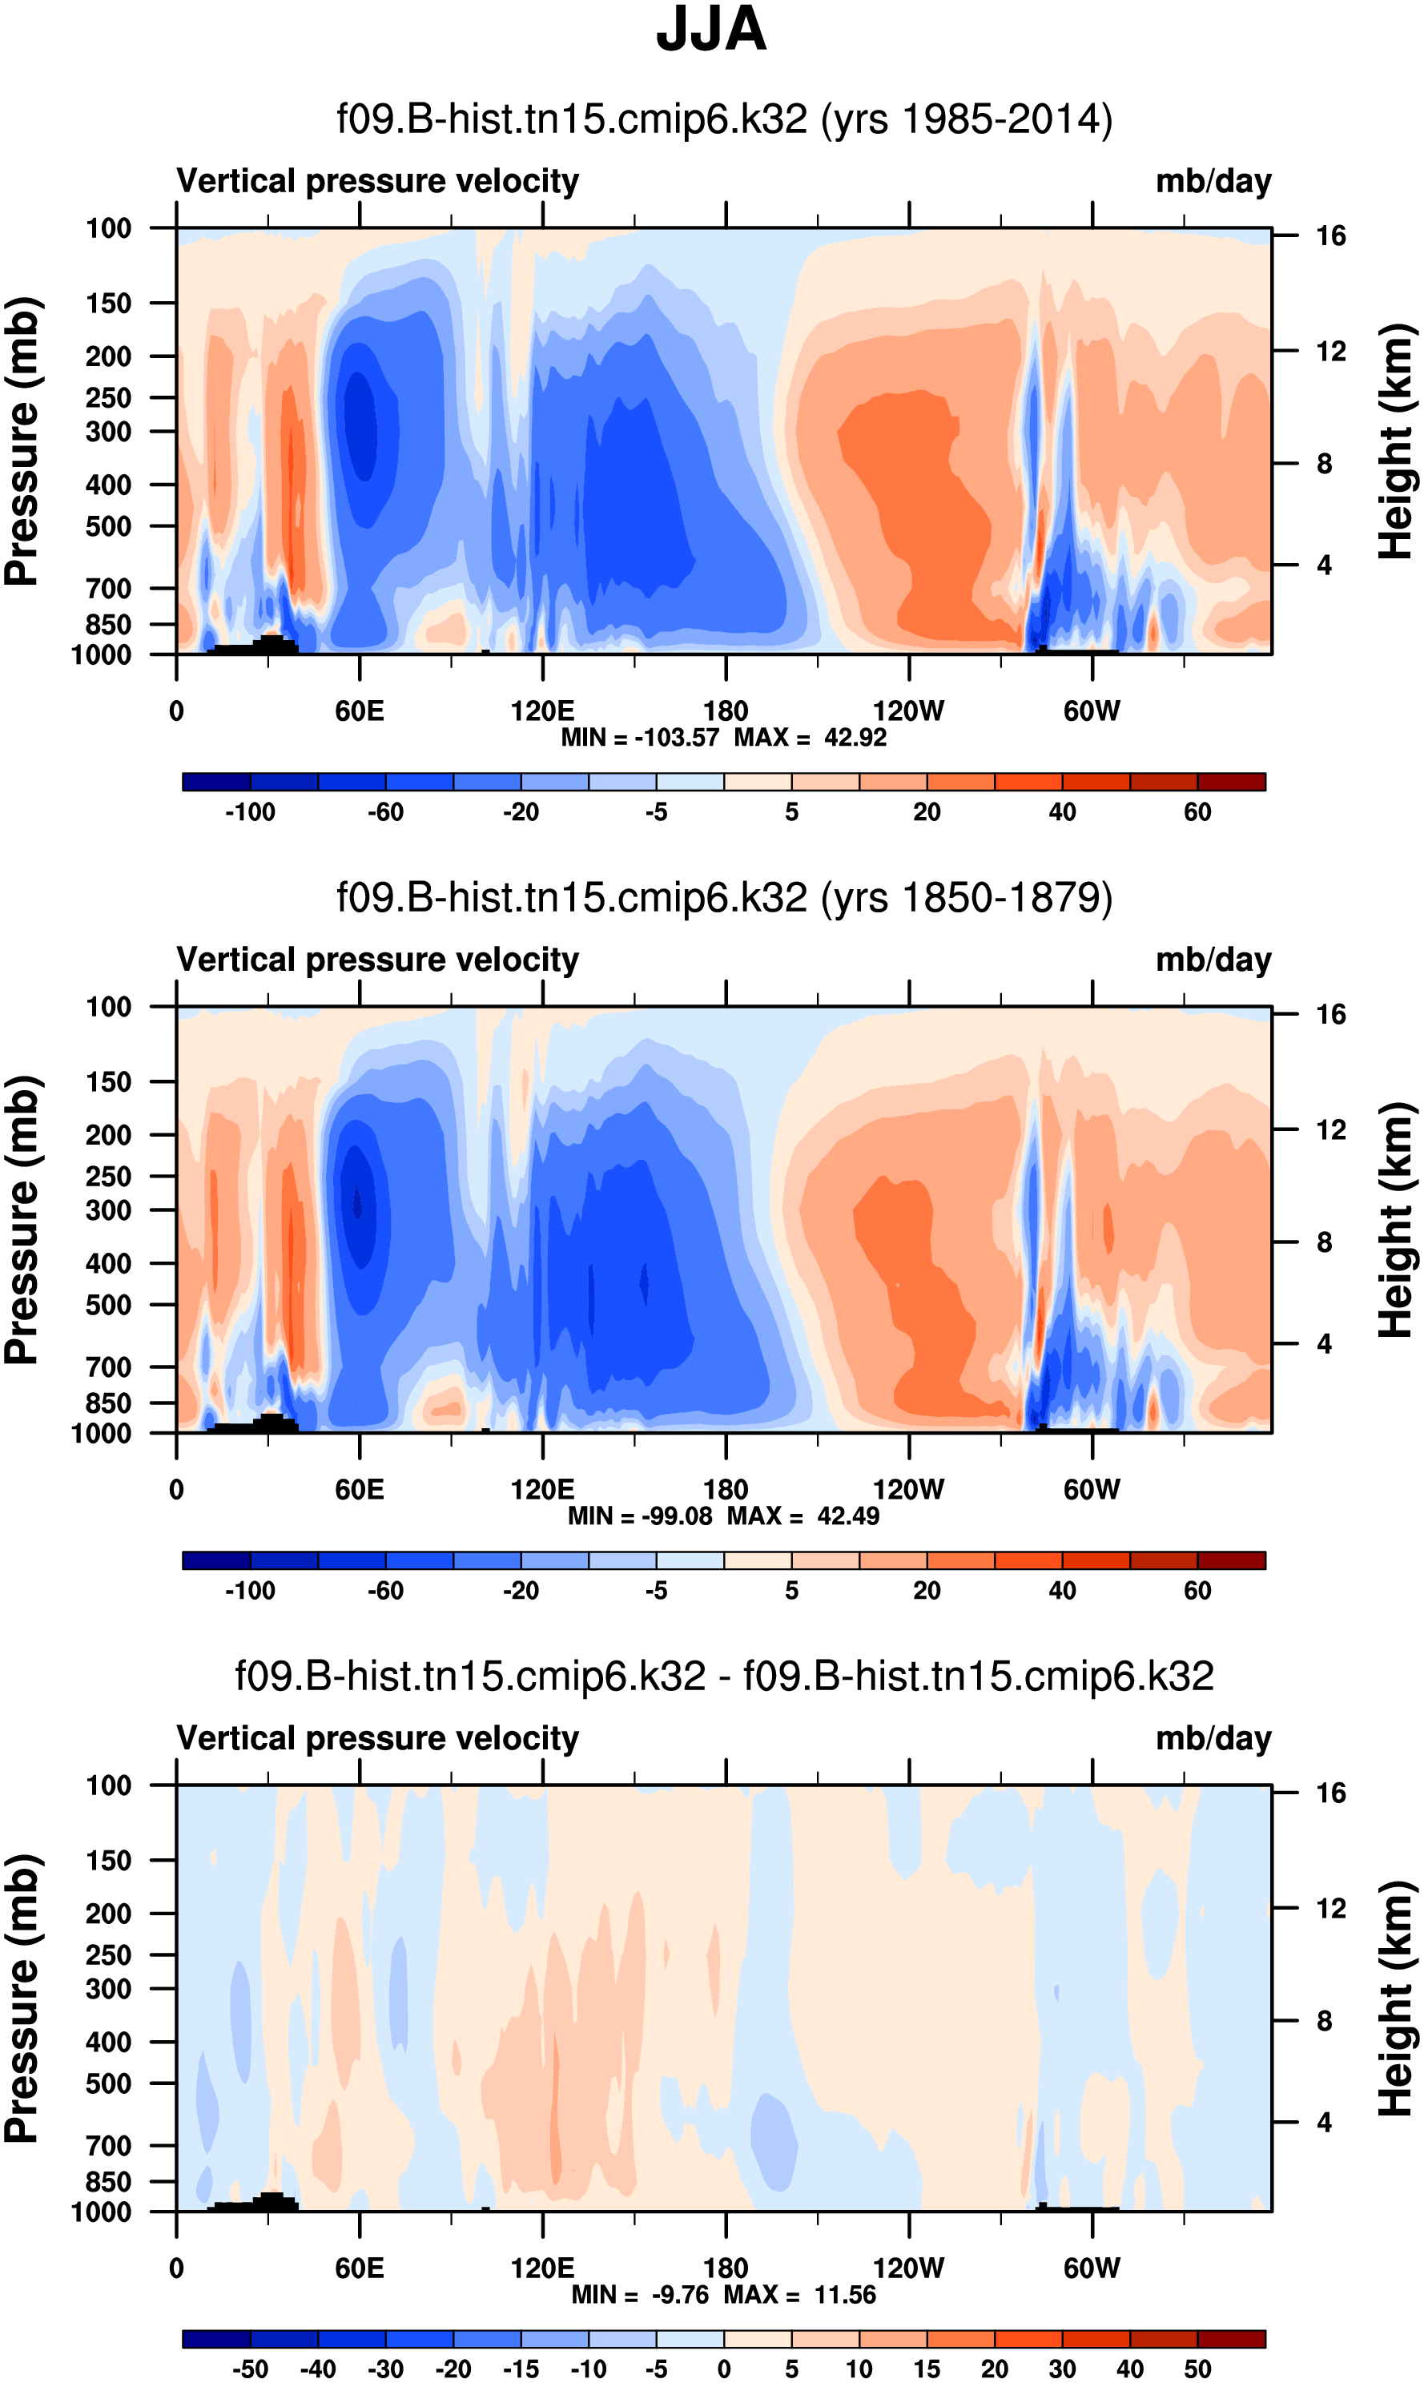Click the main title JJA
pyautogui.click(x=711, y=30)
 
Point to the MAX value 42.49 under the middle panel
pyautogui.click(x=848, y=1516)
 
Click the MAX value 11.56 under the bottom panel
pyautogui.click(x=846, y=2295)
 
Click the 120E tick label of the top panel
pyautogui.click(x=542, y=711)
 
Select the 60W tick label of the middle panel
pyautogui.click(x=1092, y=1490)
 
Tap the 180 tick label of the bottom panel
pyautogui.click(x=726, y=2268)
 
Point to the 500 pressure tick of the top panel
pyautogui.click(x=108, y=527)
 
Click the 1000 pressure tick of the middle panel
pyautogui.click(x=102, y=1434)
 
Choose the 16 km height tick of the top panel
pyautogui.click(x=1331, y=236)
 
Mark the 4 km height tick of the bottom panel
pyautogui.click(x=1324, y=2122)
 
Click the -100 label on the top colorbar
pyautogui.click(x=250, y=812)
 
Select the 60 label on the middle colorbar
pyautogui.click(x=1197, y=1590)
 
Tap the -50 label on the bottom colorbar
pyautogui.click(x=250, y=2369)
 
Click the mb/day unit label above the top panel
pyautogui.click(x=1213, y=181)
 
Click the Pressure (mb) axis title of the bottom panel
pyautogui.click(x=21, y=1999)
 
